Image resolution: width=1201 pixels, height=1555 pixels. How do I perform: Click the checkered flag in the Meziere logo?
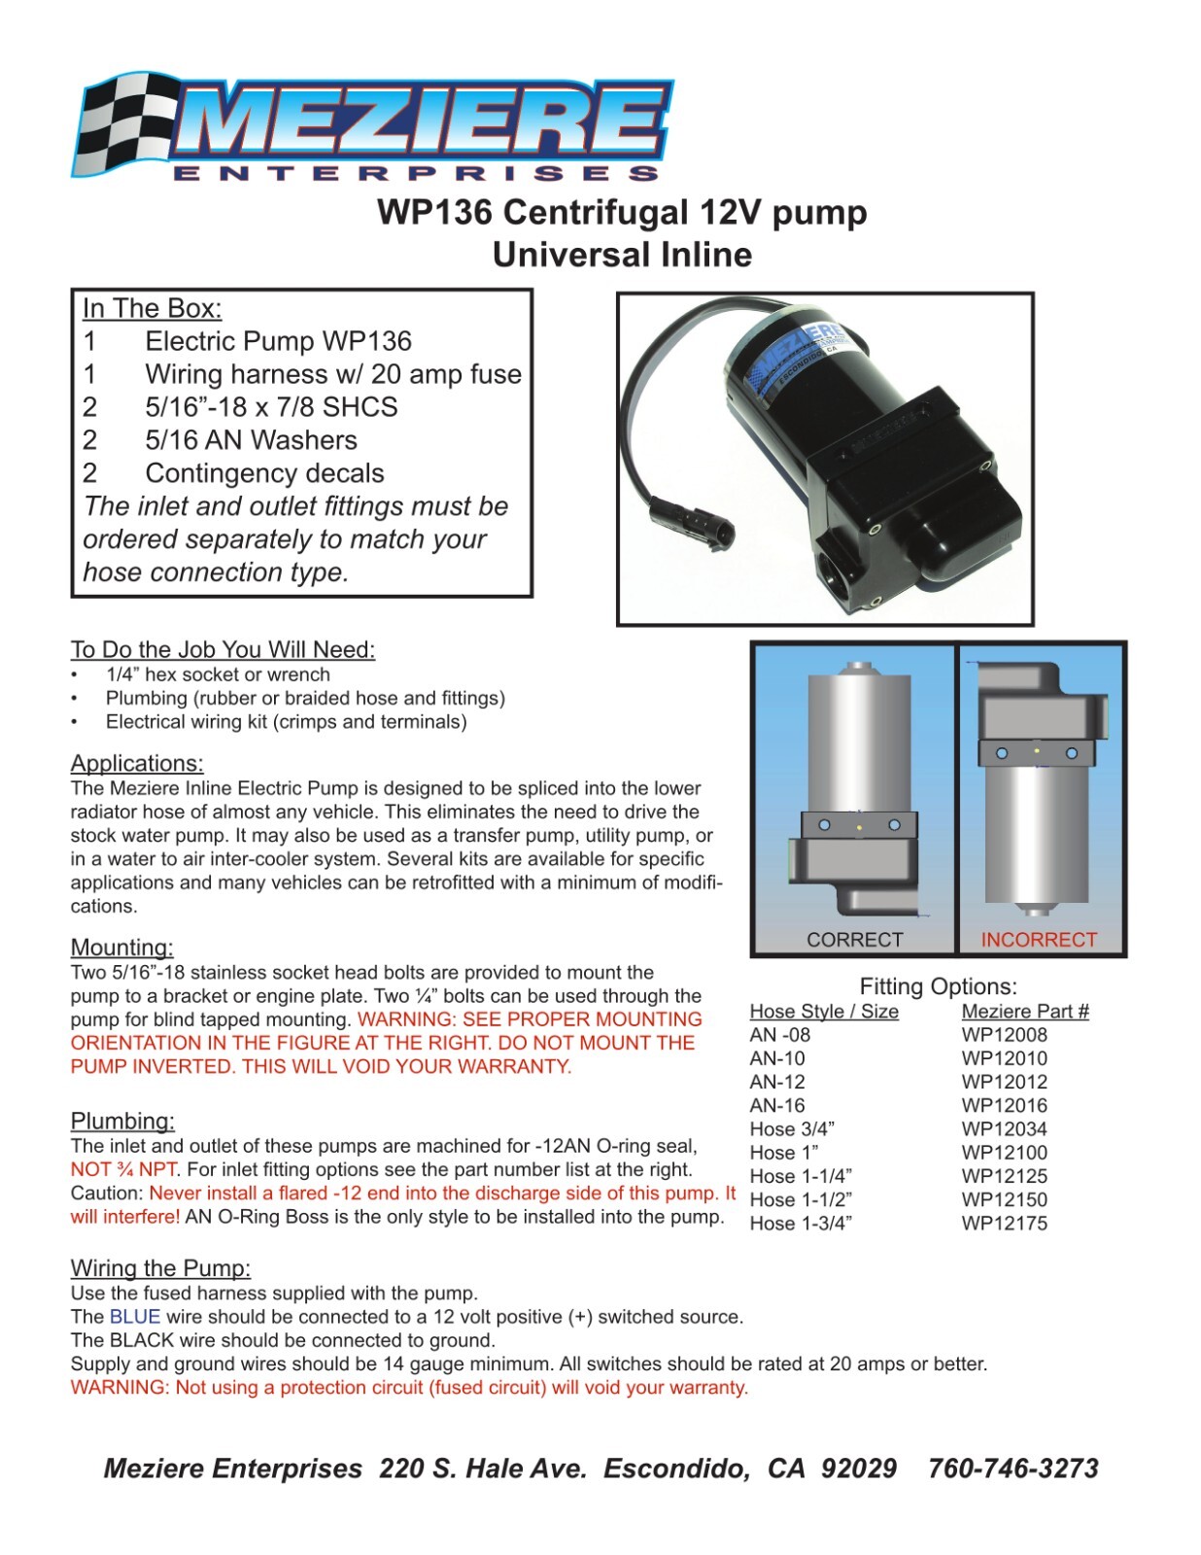pos(121,121)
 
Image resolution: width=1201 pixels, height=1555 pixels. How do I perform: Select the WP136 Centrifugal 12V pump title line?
pos(622,212)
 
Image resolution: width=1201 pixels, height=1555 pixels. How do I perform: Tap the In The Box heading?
pos(152,308)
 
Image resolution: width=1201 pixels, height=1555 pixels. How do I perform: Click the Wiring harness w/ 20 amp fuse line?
pos(332,374)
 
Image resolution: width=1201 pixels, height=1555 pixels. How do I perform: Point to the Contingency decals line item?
pos(264,473)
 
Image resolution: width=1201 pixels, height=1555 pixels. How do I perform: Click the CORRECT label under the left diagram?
pos(854,940)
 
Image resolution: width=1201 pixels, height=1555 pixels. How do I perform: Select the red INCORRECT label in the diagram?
pos(1038,940)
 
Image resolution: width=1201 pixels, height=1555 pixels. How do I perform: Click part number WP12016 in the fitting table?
pos(1004,1105)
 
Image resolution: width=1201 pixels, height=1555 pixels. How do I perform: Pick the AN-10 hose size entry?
pos(777,1058)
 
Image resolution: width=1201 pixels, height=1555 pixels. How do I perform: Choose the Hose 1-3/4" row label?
pos(801,1224)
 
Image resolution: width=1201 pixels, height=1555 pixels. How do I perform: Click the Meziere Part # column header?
pos(1024,1012)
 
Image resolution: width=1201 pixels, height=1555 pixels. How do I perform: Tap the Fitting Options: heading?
pos(938,986)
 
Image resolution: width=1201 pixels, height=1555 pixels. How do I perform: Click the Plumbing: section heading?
pos(122,1122)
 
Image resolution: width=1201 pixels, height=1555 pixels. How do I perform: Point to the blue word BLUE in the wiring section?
pos(134,1317)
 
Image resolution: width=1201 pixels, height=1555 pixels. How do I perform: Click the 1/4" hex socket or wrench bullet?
pos(218,674)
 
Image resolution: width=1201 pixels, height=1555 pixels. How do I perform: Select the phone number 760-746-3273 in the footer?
pos(1012,1469)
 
